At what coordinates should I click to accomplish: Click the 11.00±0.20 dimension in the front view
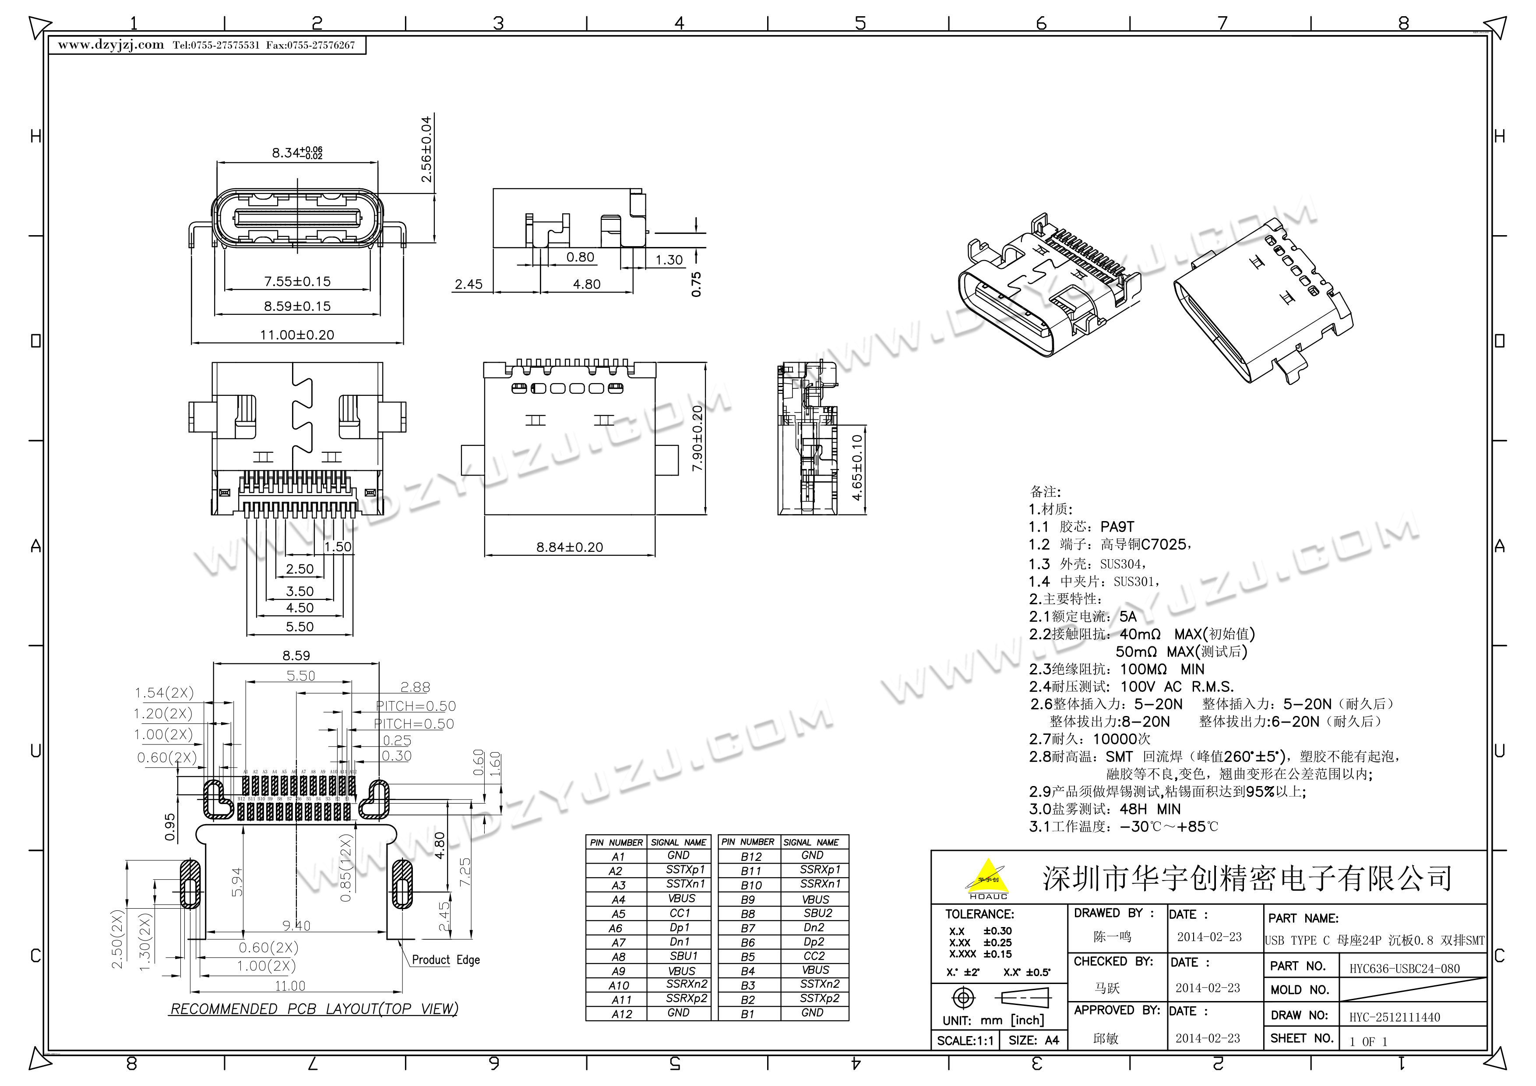pos(297,335)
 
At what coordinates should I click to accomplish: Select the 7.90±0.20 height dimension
pos(697,439)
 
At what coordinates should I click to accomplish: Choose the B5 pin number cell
pos(747,956)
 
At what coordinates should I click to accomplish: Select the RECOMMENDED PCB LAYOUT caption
pos(314,1009)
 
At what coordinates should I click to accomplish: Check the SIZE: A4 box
pos(1034,1040)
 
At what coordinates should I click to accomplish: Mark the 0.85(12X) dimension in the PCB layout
pos(345,867)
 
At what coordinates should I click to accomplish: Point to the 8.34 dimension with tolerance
pos(296,152)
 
